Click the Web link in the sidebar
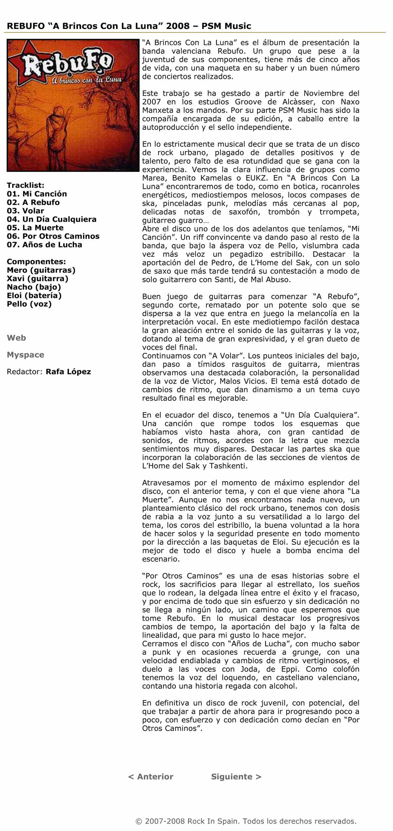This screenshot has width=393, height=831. (x=16, y=338)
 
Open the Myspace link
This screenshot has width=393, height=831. (x=26, y=355)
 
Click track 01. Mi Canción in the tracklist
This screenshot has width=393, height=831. (x=37, y=194)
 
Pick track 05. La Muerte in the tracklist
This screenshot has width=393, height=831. (x=35, y=228)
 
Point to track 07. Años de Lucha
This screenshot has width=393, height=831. (x=44, y=245)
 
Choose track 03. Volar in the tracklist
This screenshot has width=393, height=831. (x=25, y=211)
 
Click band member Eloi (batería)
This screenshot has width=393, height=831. (x=34, y=295)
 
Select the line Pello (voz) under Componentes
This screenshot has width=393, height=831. (x=29, y=304)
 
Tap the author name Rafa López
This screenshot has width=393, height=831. (x=68, y=372)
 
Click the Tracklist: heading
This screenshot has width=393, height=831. (x=26, y=185)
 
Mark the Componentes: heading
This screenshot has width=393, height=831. (x=36, y=262)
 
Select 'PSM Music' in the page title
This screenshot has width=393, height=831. (x=226, y=26)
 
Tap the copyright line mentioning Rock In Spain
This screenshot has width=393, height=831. (x=246, y=821)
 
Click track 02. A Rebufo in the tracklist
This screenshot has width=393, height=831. (x=33, y=202)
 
